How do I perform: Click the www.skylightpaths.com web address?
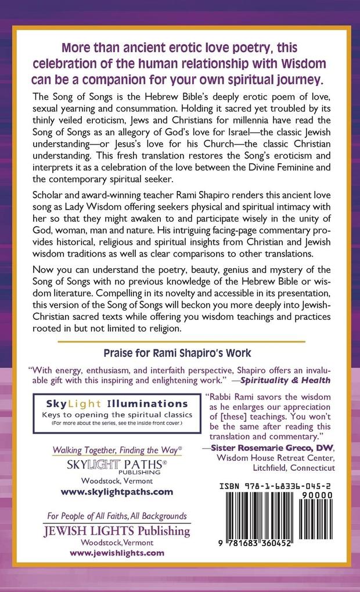tap(117, 491)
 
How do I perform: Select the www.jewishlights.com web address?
tap(117, 553)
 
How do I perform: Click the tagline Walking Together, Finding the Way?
tap(117, 450)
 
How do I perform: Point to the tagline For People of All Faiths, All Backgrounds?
tap(117, 515)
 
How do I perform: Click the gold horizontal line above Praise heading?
tap(180, 342)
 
